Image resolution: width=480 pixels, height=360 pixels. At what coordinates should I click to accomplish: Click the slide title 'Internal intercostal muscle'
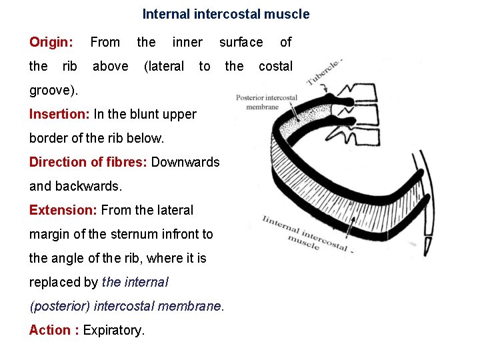pos(226,14)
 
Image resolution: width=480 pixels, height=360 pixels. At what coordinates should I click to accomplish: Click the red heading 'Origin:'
pos(51,43)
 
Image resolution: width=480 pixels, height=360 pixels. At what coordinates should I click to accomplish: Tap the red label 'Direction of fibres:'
pos(89,162)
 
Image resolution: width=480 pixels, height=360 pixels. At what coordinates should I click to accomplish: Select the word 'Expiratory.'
pos(114,330)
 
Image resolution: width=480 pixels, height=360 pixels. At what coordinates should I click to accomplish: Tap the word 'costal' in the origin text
pos(275,66)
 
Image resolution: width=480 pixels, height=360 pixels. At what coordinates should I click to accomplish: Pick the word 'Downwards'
pos(186,162)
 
